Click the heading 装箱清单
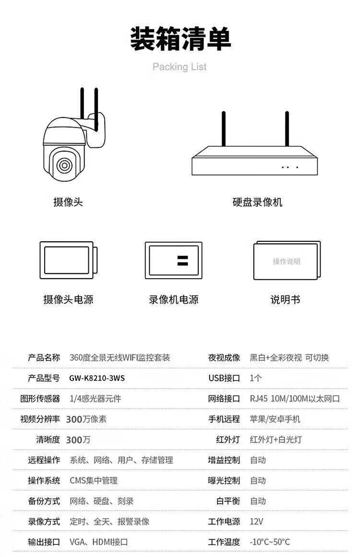pos(180,38)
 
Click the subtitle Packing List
pos(180,67)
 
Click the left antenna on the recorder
pos(224,129)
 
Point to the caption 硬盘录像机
pos(257,202)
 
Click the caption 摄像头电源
pos(68,299)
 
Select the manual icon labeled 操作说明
pos(287,261)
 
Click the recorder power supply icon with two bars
pos(173,261)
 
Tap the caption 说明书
pos(286,299)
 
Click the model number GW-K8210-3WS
pos(97,378)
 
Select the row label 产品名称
pos(44,357)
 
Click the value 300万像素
pos(86,419)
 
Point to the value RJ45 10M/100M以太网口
pos(295,399)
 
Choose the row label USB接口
pos(224,378)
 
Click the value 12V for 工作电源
pos(256,521)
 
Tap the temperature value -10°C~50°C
pos(270,542)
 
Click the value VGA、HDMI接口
pos(98,542)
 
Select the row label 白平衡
pos(228,501)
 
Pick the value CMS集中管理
pos(94,481)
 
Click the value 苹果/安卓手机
pos(275,419)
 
